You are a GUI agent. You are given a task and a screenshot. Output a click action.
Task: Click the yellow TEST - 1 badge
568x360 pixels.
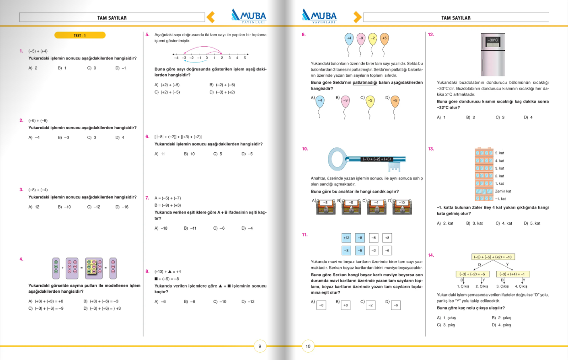[x=80, y=35]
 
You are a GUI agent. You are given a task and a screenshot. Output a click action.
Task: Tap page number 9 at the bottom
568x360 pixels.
[x=260, y=346]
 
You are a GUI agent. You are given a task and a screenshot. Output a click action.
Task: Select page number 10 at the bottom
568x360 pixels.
[x=308, y=346]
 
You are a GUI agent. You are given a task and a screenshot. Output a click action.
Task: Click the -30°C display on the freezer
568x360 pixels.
[x=493, y=40]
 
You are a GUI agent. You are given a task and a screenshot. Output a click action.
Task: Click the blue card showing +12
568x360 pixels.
[x=346, y=238]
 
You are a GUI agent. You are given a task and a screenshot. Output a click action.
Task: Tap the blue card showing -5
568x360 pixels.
[x=360, y=250]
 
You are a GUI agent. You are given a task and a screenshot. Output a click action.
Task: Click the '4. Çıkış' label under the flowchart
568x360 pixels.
[x=521, y=286]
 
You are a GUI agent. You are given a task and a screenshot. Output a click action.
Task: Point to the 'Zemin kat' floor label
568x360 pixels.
[x=503, y=191]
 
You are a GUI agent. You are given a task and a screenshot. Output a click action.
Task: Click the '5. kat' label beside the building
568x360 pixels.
[x=499, y=153]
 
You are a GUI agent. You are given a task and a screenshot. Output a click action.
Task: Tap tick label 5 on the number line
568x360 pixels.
[x=245, y=58]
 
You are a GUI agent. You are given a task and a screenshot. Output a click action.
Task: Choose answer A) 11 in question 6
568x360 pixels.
[x=160, y=154]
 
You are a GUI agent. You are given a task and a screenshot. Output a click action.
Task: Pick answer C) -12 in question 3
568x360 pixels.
[x=93, y=207]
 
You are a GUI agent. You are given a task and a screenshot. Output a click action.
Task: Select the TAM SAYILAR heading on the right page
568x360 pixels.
[x=455, y=18]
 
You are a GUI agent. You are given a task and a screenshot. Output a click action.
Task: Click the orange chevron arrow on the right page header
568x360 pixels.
[x=356, y=17]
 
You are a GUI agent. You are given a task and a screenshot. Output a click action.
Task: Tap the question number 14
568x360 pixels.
[x=430, y=255]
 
